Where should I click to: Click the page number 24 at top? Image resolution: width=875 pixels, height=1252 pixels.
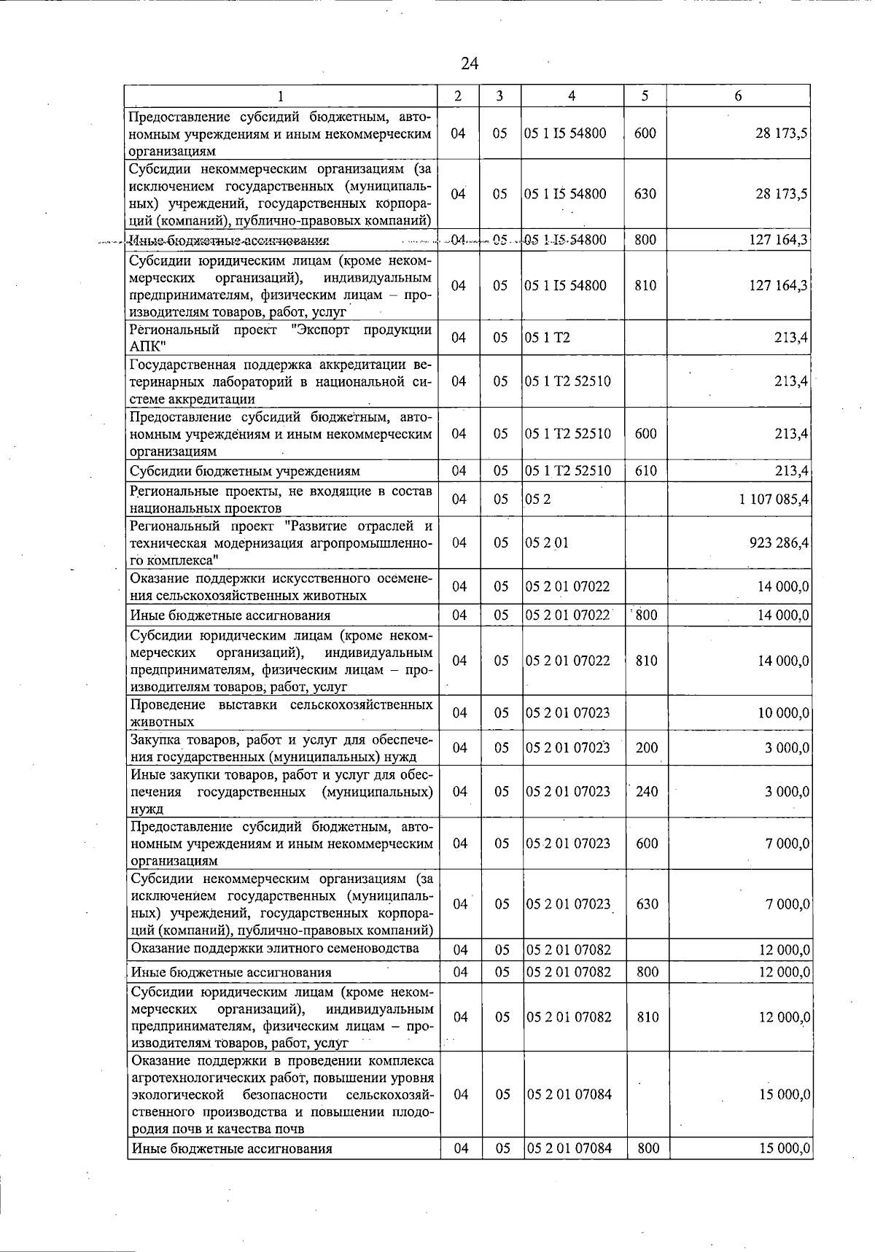pyautogui.click(x=469, y=63)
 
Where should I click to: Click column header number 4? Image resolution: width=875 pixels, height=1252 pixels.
pyautogui.click(x=572, y=96)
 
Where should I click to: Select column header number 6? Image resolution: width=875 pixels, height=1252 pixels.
pyautogui.click(x=738, y=96)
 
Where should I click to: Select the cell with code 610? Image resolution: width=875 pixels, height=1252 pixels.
pyautogui.click(x=645, y=471)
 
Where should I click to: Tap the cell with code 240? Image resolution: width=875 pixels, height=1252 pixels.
pyautogui.click(x=647, y=792)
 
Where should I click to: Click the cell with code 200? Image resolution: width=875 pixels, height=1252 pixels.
pyautogui.click(x=647, y=748)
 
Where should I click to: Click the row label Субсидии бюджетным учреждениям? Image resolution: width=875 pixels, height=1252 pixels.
pyautogui.click(x=244, y=471)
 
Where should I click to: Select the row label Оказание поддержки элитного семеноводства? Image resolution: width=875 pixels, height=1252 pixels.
pyautogui.click(x=275, y=949)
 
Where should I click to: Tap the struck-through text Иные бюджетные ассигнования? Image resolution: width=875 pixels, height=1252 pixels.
pyautogui.click(x=229, y=241)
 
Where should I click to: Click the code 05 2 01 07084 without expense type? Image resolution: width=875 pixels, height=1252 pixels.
pyautogui.click(x=569, y=1094)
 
